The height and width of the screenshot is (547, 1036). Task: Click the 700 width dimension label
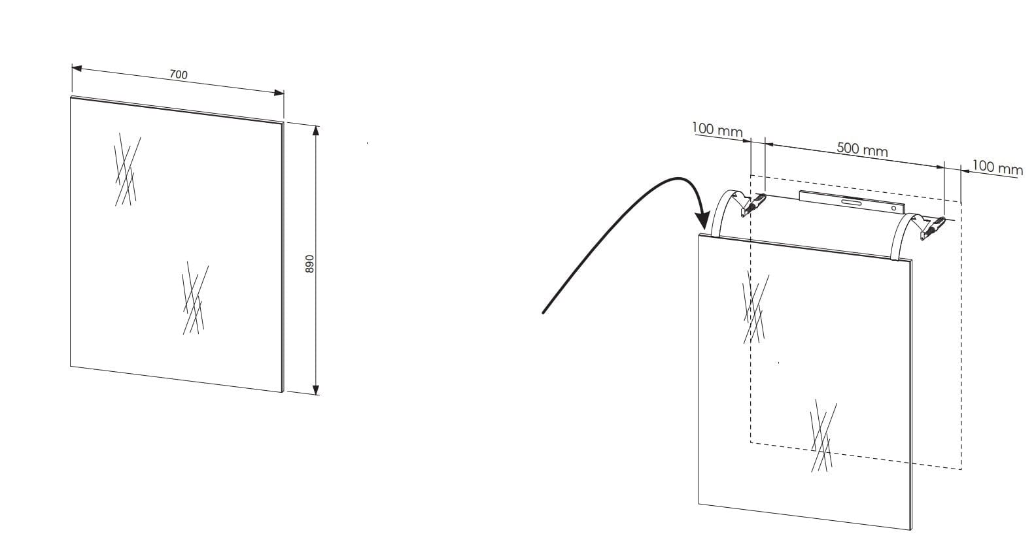click(179, 75)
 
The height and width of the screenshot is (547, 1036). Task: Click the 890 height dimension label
click(310, 264)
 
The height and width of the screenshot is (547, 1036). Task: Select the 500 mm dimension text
click(862, 150)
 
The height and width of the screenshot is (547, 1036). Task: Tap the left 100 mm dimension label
click(717, 129)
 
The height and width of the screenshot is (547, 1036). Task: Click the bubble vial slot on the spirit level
click(852, 202)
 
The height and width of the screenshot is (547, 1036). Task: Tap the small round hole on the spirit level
click(893, 209)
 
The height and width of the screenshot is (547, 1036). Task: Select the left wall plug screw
click(753, 205)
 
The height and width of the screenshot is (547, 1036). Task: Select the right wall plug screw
click(933, 229)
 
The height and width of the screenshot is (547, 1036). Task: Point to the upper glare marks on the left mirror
click(127, 169)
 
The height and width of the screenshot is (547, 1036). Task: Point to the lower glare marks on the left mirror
click(195, 298)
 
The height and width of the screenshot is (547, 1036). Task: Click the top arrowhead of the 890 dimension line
click(316, 130)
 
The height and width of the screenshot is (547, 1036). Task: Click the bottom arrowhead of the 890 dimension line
click(316, 390)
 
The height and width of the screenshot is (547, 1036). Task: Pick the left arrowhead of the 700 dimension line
click(77, 69)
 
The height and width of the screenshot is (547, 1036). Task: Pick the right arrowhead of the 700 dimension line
click(279, 93)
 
